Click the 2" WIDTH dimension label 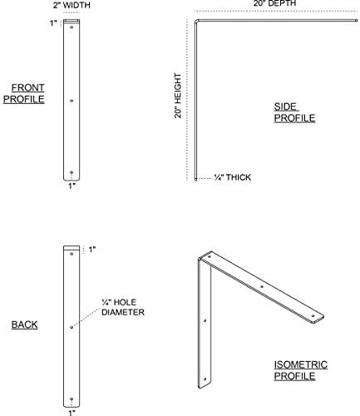coord(72,5)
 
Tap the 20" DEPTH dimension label coord(274,3)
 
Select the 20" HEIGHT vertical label coord(178,96)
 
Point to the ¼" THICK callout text coord(233,177)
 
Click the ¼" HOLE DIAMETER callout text coord(123,307)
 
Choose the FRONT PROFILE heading coord(24,93)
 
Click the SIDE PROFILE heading coord(294,112)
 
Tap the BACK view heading coord(24,324)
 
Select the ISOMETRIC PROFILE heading coord(301,370)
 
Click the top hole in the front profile coord(72,27)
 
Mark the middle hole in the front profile coord(72,101)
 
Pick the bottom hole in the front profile coord(72,172)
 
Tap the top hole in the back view coord(72,254)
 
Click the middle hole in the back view coord(72,327)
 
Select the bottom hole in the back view coord(72,399)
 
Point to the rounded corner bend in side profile coord(196,21)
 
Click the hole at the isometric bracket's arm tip coord(313,316)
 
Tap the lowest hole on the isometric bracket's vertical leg coord(205,379)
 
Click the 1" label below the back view coord(72,413)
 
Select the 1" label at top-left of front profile coord(53,23)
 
